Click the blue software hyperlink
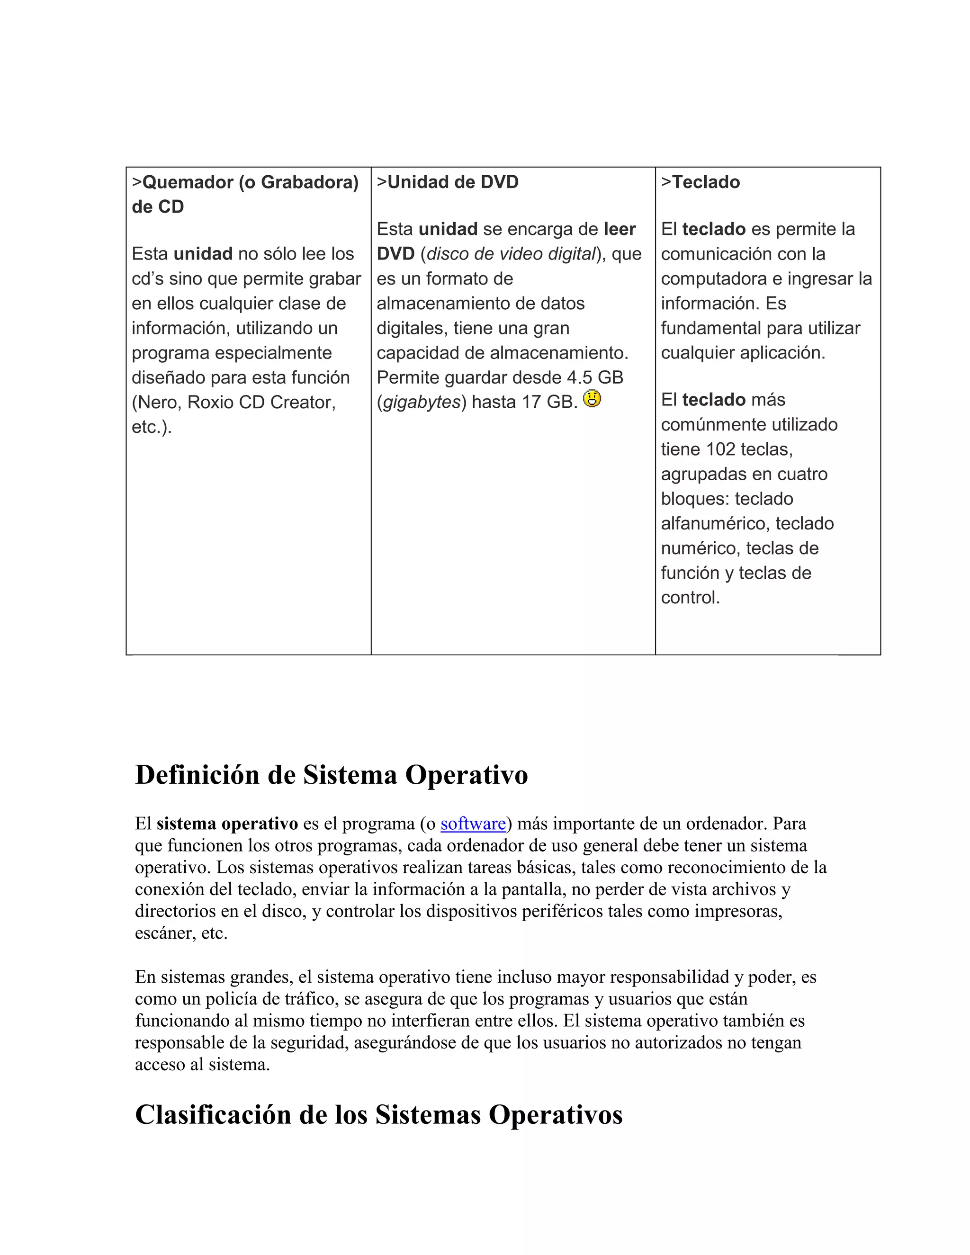point(473,824)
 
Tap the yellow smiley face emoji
point(592,399)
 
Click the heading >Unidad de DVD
point(448,182)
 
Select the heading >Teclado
point(701,182)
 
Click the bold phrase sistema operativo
point(227,824)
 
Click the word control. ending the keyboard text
point(690,598)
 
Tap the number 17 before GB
point(531,402)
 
